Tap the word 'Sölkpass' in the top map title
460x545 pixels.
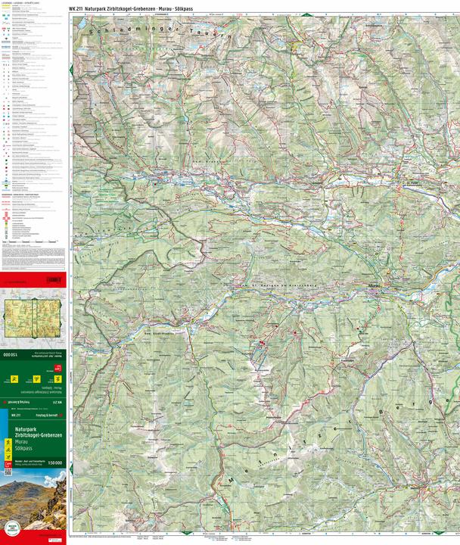[188, 7]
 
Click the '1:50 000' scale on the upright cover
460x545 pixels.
[55, 462]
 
